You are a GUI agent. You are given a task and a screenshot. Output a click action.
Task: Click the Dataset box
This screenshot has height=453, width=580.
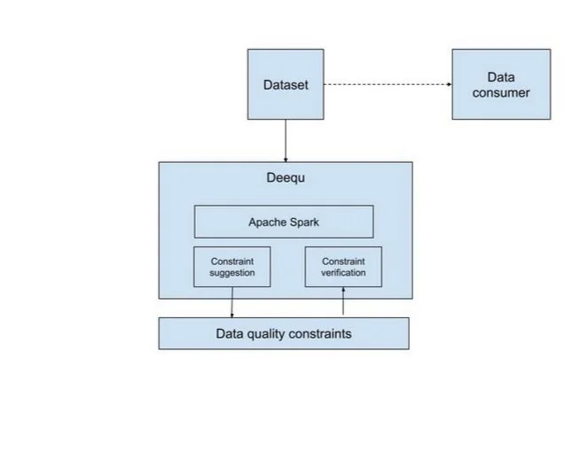click(x=285, y=84)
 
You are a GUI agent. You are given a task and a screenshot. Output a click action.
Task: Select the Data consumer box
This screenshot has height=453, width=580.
click(x=500, y=84)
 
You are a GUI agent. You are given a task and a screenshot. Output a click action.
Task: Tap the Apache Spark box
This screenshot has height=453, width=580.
click(x=283, y=222)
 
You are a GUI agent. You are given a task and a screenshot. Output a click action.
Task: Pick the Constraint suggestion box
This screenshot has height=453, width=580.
click(x=231, y=267)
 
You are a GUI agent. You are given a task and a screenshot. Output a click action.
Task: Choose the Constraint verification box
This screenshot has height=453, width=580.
click(x=342, y=267)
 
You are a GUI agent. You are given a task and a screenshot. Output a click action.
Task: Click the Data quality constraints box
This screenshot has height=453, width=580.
click(x=283, y=333)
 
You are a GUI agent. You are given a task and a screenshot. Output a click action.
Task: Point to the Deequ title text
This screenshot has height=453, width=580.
click(x=286, y=177)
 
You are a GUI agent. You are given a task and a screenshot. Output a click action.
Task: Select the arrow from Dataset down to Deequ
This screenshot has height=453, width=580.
click(x=286, y=140)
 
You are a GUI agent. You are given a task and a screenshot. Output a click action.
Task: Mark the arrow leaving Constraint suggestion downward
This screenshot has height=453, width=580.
click(x=232, y=301)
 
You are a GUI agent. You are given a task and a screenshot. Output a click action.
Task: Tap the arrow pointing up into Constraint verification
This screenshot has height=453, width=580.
click(x=342, y=301)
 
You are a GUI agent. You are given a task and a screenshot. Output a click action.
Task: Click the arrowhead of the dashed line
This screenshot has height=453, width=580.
click(x=448, y=84)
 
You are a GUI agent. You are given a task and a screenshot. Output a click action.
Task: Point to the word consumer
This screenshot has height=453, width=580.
click(x=500, y=92)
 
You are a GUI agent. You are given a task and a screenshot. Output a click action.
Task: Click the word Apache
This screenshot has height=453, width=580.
click(x=266, y=222)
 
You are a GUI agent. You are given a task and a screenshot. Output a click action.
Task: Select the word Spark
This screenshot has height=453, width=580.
click(x=303, y=222)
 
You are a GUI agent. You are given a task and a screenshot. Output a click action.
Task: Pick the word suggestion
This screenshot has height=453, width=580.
click(x=231, y=272)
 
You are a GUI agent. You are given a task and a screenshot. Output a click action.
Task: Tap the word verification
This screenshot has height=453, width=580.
click(x=342, y=272)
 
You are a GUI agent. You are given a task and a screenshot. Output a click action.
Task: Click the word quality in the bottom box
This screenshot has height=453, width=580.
click(x=265, y=334)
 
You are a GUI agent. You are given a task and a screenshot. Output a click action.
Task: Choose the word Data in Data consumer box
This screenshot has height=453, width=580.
click(x=500, y=77)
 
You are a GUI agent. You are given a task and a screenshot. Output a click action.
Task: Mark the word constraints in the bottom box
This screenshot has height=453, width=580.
click(x=319, y=334)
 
